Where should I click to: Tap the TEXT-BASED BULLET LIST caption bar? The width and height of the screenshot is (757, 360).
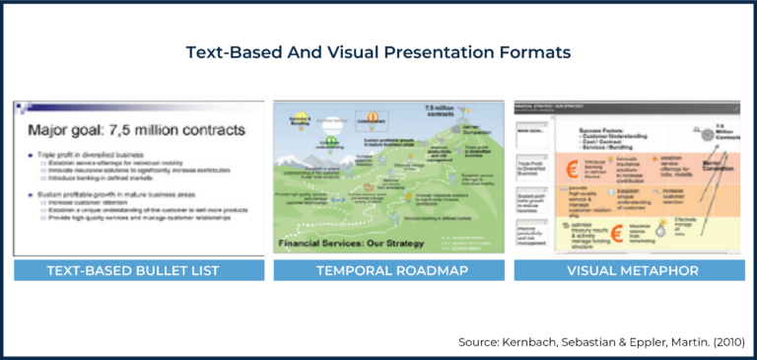[138, 269]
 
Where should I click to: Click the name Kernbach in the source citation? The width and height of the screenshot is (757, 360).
[542, 342]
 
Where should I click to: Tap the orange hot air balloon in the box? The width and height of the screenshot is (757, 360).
[373, 116]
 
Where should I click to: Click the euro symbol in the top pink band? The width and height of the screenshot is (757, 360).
[573, 165]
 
